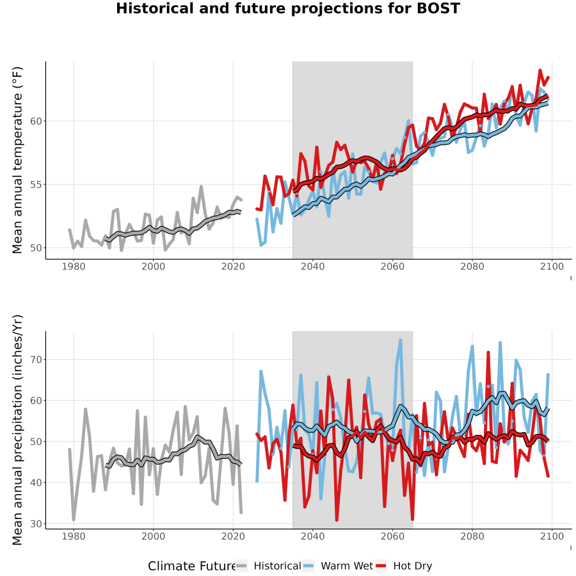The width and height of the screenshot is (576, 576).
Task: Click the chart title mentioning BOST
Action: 288,8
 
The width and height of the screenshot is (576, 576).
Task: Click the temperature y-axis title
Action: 17,160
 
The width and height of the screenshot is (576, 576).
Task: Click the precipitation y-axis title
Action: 17,430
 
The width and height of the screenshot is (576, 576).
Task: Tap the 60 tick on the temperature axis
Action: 36,121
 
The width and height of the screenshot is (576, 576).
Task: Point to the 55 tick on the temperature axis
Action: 36,184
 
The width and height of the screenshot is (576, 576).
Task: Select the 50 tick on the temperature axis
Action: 36,248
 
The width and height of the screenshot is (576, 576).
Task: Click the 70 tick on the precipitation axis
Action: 36,359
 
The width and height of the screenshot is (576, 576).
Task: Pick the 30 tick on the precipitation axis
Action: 36,524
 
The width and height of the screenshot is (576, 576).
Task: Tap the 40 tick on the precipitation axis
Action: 36,483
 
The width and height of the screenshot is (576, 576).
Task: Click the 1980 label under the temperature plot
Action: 74,266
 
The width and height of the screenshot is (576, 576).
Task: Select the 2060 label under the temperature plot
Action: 392,266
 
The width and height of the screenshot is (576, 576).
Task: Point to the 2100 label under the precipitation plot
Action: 552,536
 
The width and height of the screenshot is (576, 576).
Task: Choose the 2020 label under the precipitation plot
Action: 233,536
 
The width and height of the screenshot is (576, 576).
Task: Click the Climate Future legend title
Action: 191,566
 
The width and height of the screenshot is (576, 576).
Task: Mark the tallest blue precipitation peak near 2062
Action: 401,340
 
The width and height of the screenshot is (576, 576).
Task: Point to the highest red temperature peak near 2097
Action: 540,70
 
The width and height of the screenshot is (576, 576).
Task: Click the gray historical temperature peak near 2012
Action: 201,187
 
